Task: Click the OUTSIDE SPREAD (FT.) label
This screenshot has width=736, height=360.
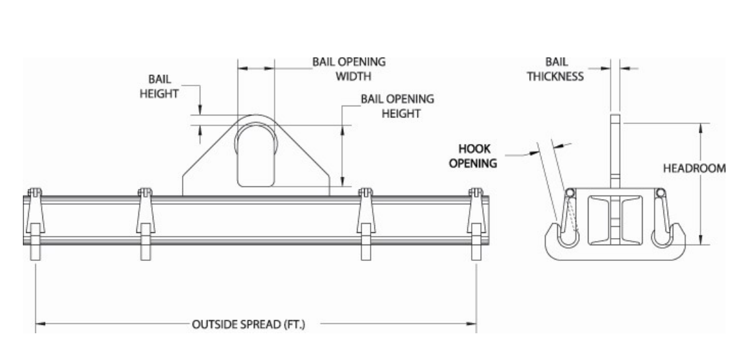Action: (x=249, y=324)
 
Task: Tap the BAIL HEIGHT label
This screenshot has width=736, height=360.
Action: (x=159, y=86)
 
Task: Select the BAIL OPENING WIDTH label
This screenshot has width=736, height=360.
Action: (x=349, y=69)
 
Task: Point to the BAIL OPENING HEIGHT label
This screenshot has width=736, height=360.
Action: (x=397, y=106)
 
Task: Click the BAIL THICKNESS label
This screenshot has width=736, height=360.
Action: (x=555, y=69)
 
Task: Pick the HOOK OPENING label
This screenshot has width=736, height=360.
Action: (x=473, y=156)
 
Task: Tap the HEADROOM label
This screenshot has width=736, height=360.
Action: (x=694, y=168)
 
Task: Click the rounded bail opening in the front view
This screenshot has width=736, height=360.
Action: (x=256, y=155)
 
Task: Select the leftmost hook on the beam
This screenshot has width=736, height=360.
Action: (x=35, y=224)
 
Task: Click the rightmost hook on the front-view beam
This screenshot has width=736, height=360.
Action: (x=476, y=224)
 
